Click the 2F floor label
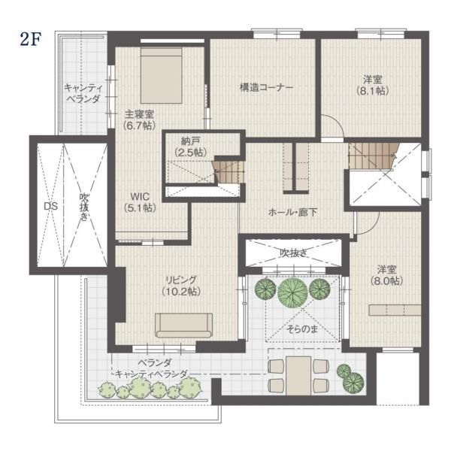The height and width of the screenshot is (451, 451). click(29, 39)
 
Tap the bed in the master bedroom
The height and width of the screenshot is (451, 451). click(162, 75)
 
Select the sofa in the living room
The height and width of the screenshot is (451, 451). click(184, 325)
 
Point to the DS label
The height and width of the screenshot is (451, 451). click(50, 206)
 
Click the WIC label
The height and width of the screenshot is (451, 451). click(140, 196)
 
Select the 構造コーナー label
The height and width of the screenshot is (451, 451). click(266, 87)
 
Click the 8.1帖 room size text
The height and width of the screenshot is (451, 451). click(373, 91)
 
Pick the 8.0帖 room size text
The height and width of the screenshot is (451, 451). click(387, 280)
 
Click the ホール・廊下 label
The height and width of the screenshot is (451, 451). click(293, 213)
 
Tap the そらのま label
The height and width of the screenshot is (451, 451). click(302, 329)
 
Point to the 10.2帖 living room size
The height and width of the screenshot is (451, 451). click(181, 292)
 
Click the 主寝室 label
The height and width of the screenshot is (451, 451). click(139, 114)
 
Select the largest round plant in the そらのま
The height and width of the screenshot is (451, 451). click(292, 292)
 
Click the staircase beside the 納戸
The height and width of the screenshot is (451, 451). click(227, 172)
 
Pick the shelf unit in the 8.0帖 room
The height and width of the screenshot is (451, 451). click(395, 310)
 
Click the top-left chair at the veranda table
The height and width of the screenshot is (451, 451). click(277, 366)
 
